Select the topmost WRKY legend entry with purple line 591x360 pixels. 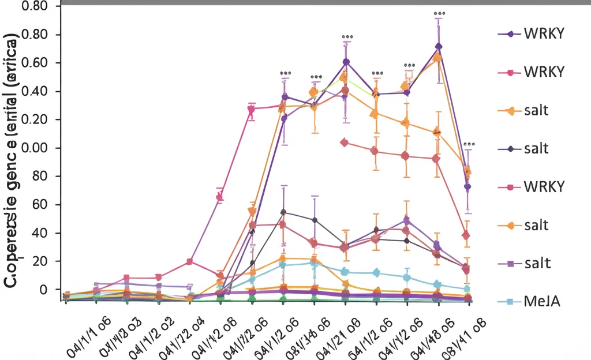point(543,33)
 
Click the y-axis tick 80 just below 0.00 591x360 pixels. point(47,176)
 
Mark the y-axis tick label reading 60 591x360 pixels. point(47,205)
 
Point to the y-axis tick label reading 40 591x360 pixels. point(47,233)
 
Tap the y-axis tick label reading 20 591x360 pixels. point(47,261)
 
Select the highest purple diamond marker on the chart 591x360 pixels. point(439,47)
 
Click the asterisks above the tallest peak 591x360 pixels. point(439,13)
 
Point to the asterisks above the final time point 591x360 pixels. point(469,144)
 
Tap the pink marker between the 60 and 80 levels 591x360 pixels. point(219,197)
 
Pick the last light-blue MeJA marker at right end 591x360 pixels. point(467,289)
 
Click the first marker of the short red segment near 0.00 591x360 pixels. point(345,142)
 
